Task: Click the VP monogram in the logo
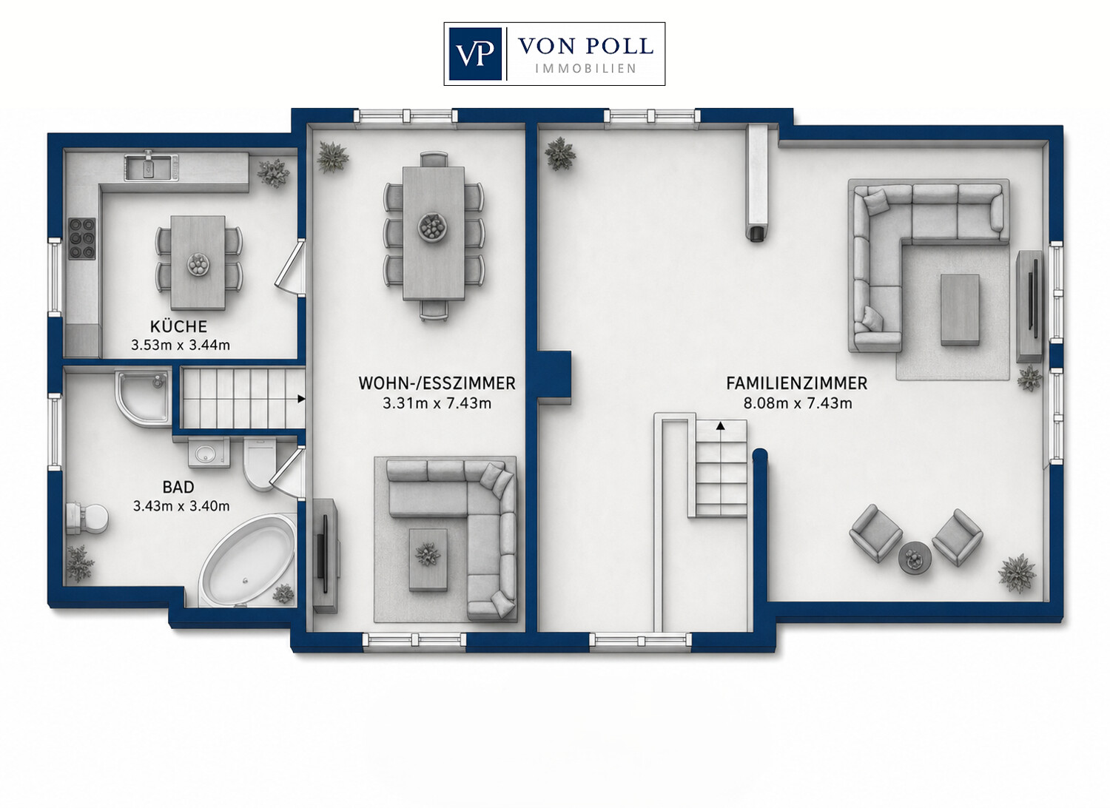(475, 53)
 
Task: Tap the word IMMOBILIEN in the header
(586, 69)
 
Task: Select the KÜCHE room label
(178, 326)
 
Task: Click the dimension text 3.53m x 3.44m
(181, 346)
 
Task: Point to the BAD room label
(178, 488)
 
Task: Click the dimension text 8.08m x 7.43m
(798, 403)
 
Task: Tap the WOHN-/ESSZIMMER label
(437, 383)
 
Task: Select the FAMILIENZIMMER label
(797, 383)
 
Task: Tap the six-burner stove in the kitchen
(81, 239)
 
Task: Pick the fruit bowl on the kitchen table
(198, 264)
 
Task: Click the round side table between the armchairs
(915, 559)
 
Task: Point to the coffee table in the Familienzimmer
(961, 309)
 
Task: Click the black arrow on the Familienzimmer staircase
(721, 425)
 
